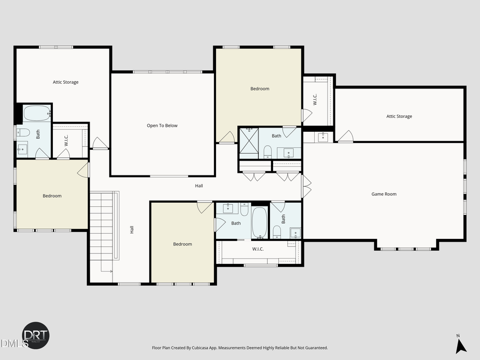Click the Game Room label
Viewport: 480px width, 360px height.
383,194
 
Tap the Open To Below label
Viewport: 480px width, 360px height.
162,126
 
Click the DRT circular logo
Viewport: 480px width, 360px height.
36,335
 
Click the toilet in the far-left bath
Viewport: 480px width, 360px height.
23,132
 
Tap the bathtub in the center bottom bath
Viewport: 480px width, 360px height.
259,222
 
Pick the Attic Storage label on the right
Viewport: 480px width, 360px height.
399,116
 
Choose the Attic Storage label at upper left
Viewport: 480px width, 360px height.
66,82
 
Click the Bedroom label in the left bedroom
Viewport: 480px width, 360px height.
52,196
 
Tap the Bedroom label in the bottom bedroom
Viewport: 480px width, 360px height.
182,244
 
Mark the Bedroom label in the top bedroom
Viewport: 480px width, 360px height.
260,89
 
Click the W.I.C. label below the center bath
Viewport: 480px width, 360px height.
258,249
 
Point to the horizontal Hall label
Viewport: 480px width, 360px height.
198,186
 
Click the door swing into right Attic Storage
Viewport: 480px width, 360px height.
345,137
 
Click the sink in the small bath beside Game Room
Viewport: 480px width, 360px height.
294,233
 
